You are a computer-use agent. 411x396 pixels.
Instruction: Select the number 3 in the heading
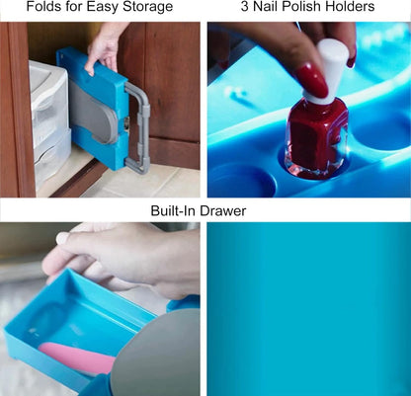point(245,7)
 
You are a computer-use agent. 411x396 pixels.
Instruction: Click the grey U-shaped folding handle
point(138,126)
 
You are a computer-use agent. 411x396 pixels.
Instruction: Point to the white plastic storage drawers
point(49,120)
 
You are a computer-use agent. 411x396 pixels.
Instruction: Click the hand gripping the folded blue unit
point(104,49)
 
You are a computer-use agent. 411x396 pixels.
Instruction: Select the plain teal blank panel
point(309,309)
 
